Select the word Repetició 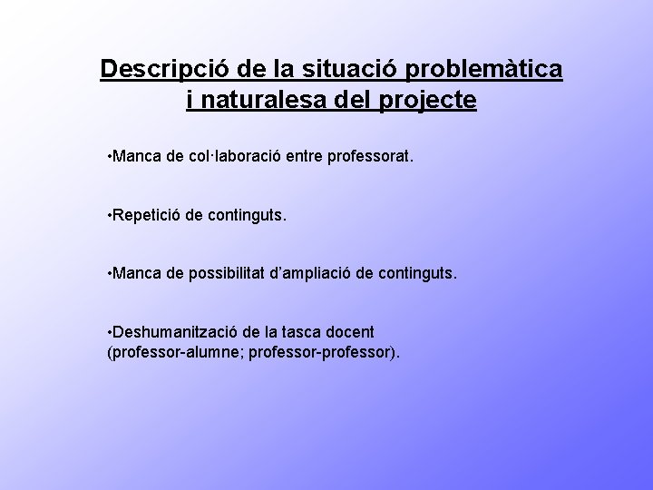click(148, 216)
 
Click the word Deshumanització click(171, 331)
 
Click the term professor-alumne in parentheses click(161, 350)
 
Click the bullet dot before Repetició click(109, 216)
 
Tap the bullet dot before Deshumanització click(109, 331)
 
